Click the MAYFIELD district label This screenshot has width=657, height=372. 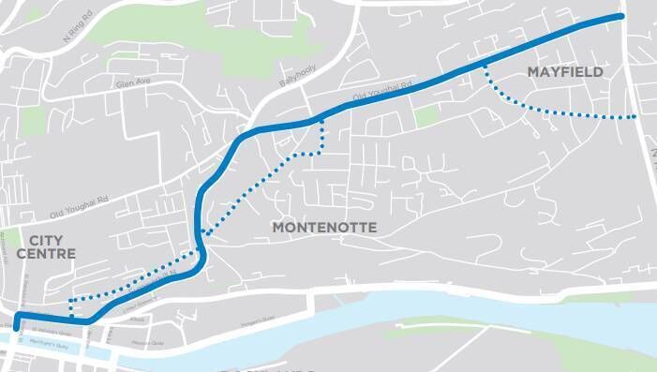click(564, 72)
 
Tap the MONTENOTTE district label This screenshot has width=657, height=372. click(323, 228)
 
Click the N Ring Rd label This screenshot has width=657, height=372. click(79, 33)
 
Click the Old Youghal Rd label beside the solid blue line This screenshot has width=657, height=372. click(381, 91)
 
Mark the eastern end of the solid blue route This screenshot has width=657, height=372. click(620, 17)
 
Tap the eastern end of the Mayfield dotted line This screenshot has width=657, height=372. click(636, 117)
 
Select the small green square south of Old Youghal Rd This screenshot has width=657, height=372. click(426, 116)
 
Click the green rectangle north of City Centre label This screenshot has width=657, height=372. click(33, 121)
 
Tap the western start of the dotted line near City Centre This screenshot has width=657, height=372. click(71, 317)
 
